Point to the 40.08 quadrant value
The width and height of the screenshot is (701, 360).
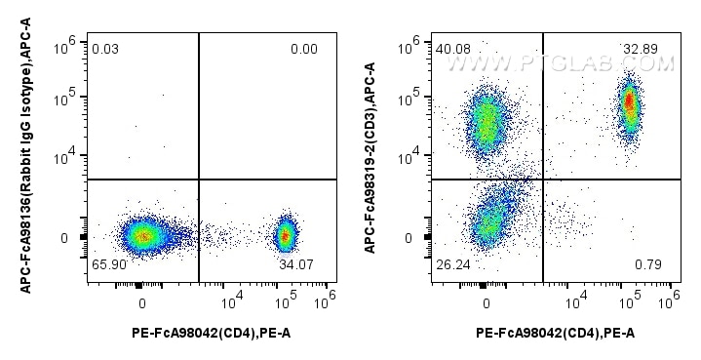pos(453,49)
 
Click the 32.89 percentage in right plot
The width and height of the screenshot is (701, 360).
pos(641,49)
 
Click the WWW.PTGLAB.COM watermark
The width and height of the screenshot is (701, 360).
pos(561,64)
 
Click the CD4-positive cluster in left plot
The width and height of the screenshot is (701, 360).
pos(285,234)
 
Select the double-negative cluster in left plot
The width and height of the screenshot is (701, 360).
pos(143,234)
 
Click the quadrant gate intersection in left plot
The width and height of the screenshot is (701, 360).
pos(199,180)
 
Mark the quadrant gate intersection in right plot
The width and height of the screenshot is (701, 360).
pos(542,179)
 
